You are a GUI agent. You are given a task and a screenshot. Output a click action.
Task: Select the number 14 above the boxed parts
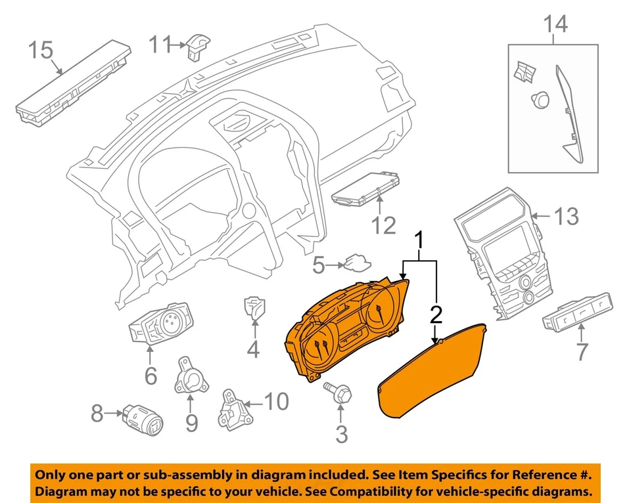point(555,24)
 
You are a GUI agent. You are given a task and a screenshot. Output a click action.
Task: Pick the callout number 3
point(342,434)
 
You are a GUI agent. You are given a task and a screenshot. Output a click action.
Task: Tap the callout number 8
point(97,413)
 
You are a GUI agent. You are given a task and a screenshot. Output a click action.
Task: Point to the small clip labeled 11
point(197,47)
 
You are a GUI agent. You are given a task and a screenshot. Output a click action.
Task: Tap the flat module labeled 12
point(366,189)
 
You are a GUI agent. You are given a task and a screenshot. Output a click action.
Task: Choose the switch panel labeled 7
point(578,312)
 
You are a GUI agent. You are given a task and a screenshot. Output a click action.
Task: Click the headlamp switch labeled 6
point(160,323)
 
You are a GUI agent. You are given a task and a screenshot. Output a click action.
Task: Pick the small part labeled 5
point(357,262)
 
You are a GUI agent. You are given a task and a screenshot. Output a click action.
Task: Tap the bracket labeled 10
point(235,409)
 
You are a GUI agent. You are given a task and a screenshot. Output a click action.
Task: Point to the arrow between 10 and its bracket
point(254,403)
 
